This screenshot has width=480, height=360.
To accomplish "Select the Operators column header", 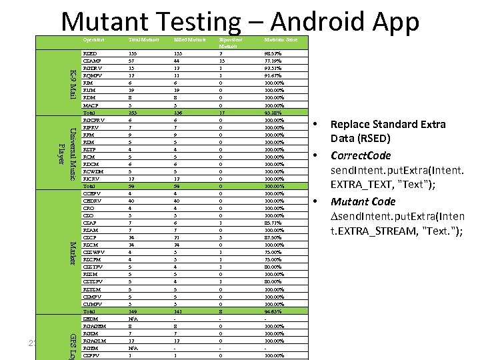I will pos(93,41).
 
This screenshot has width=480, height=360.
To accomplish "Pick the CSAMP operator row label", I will pos(92,61).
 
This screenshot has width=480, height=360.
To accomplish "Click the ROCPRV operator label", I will pos(94,120).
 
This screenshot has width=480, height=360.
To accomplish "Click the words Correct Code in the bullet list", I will pos(361,155).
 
